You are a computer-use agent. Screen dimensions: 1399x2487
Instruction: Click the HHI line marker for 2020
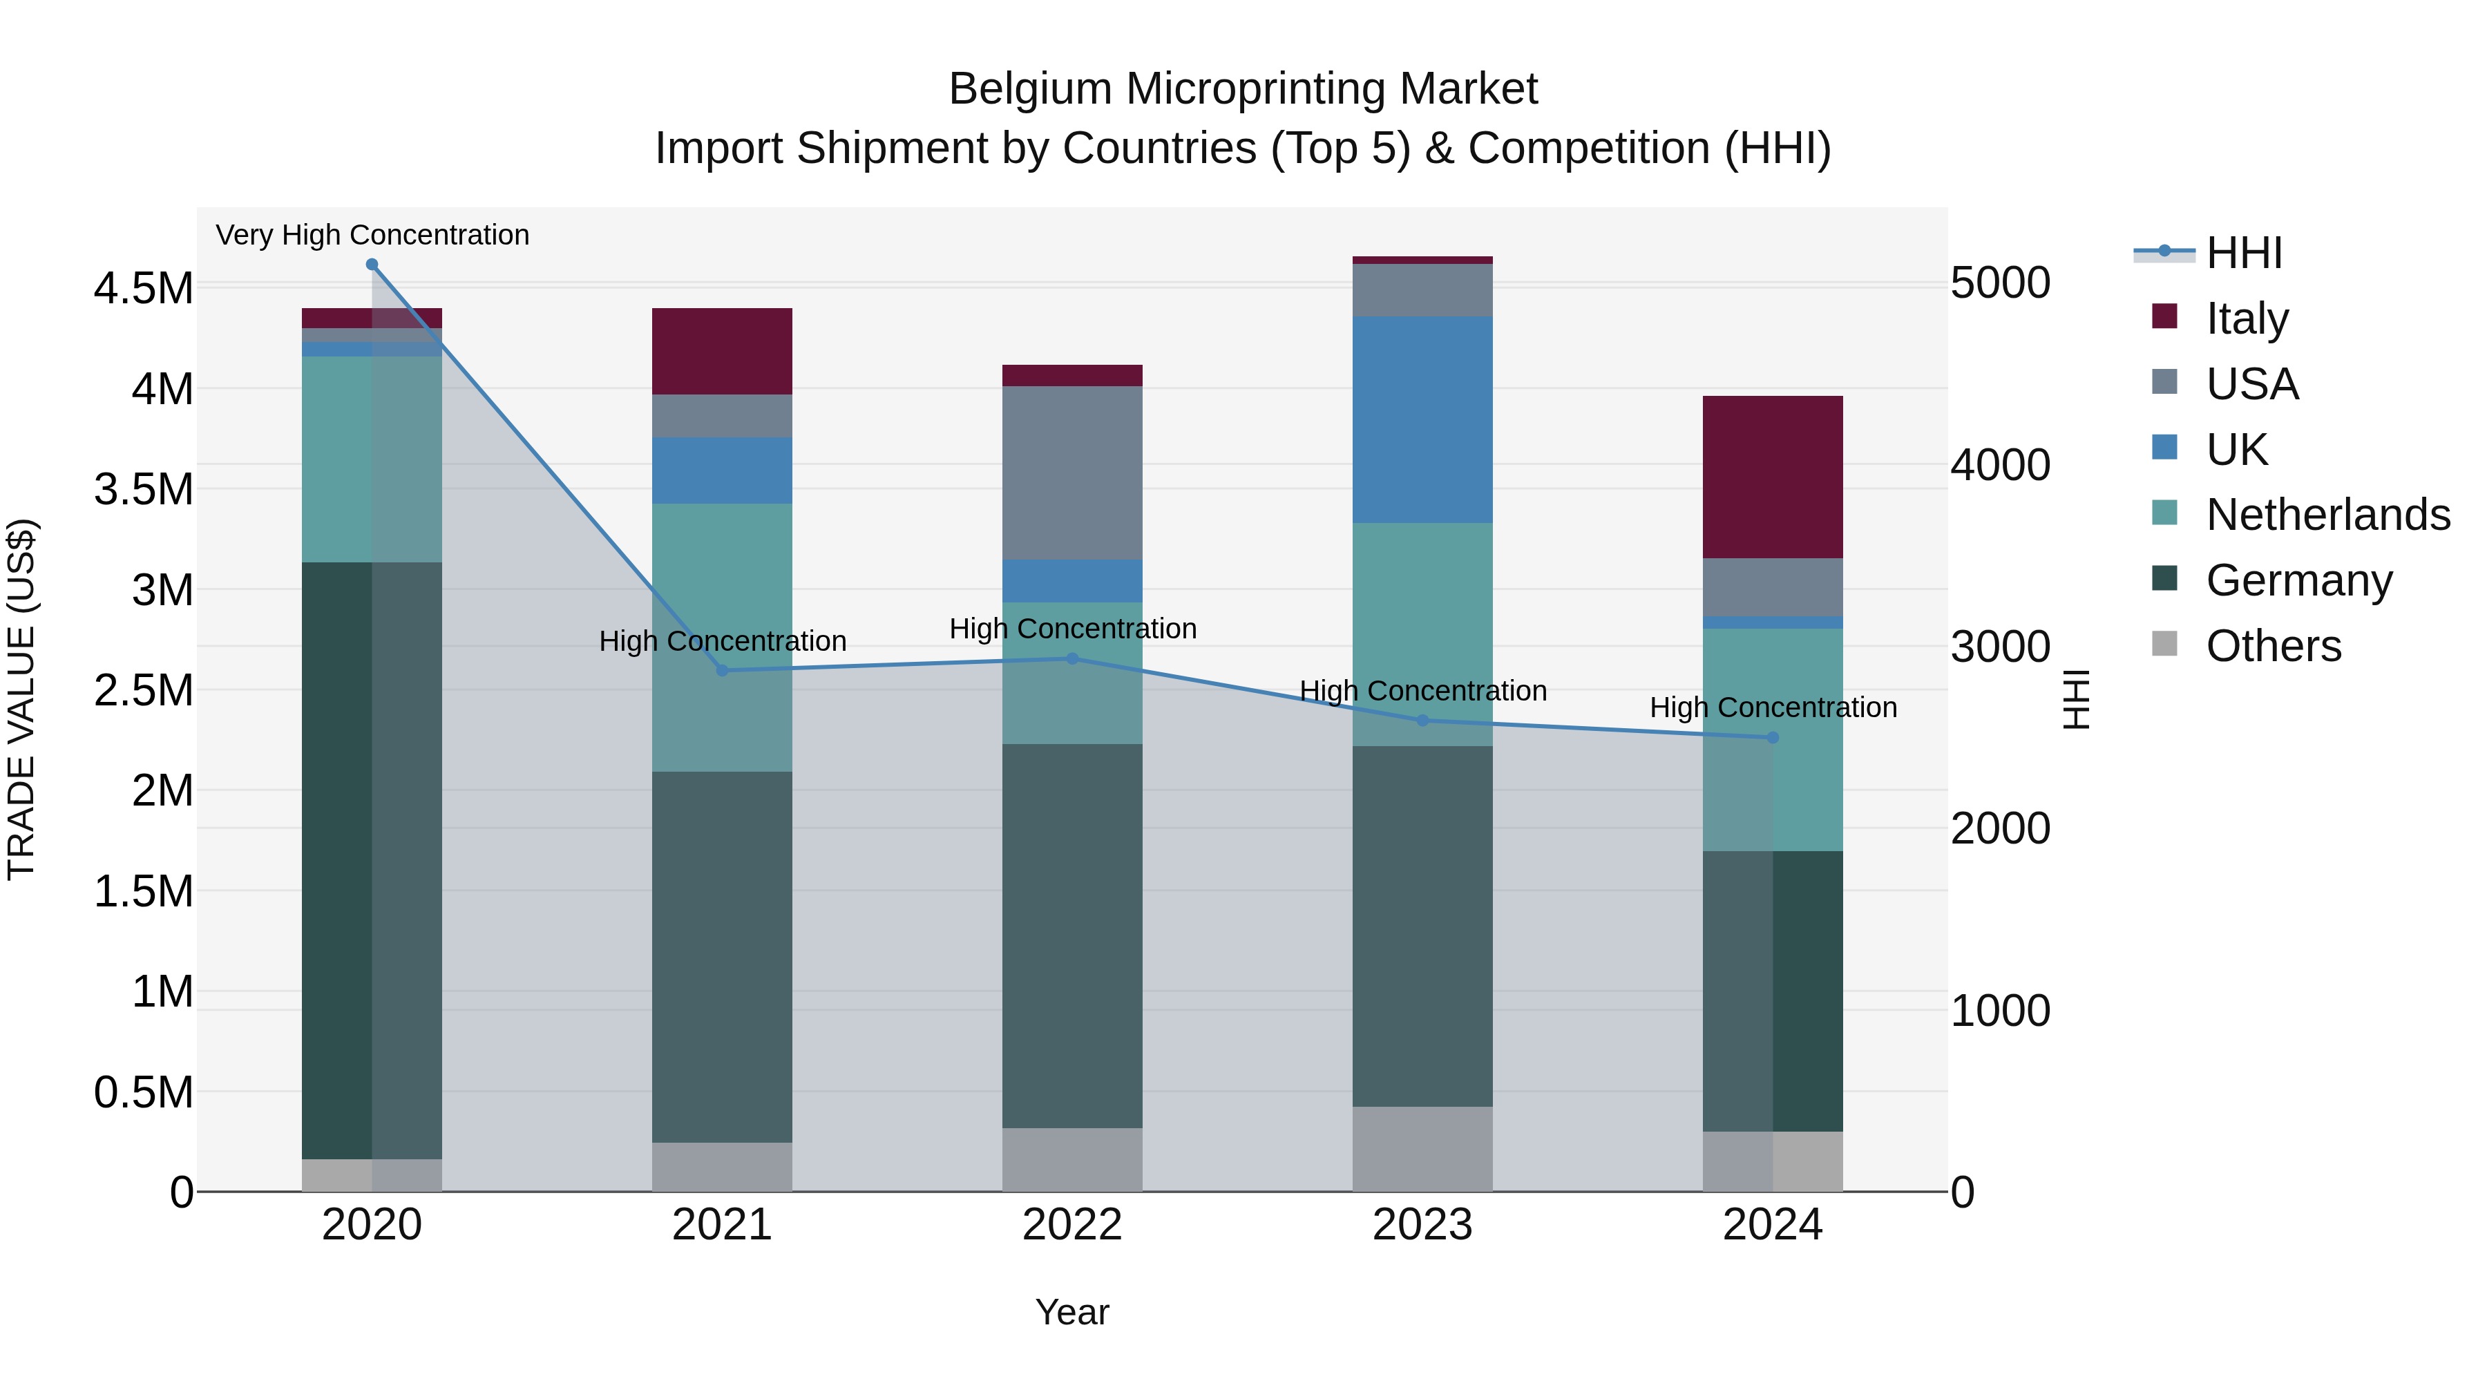[372, 265]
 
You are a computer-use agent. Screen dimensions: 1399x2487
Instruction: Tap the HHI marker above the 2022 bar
[1071, 658]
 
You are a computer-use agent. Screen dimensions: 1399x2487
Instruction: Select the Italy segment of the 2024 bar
[1773, 477]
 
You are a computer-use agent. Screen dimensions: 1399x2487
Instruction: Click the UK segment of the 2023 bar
[1422, 420]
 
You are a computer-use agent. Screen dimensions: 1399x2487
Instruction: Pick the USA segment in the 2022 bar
[1071, 473]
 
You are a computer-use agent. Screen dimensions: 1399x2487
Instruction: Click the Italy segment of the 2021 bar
[722, 352]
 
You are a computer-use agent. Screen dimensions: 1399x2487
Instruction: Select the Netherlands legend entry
[2327, 515]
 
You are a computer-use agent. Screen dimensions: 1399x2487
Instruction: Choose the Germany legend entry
[2298, 580]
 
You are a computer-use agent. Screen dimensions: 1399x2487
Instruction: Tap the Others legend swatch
[2164, 644]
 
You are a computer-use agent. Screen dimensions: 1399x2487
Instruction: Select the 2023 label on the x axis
[1422, 1225]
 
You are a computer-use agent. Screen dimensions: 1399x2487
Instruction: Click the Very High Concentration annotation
[372, 235]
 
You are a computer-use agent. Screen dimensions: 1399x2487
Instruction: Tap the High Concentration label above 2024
[1773, 707]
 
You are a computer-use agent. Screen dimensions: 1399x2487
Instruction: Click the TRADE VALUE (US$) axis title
[21, 699]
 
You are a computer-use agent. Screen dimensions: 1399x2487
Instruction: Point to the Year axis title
[1071, 1312]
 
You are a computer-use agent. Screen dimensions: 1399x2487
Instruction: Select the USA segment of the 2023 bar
[1422, 289]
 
